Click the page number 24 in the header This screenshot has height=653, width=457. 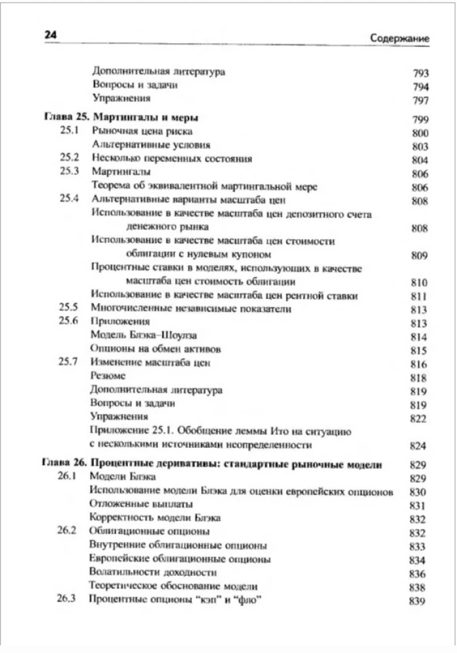point(52,36)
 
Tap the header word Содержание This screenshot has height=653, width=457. point(398,38)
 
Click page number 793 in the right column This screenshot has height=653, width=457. point(420,73)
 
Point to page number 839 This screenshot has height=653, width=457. point(418,601)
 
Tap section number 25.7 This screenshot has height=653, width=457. point(69,362)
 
